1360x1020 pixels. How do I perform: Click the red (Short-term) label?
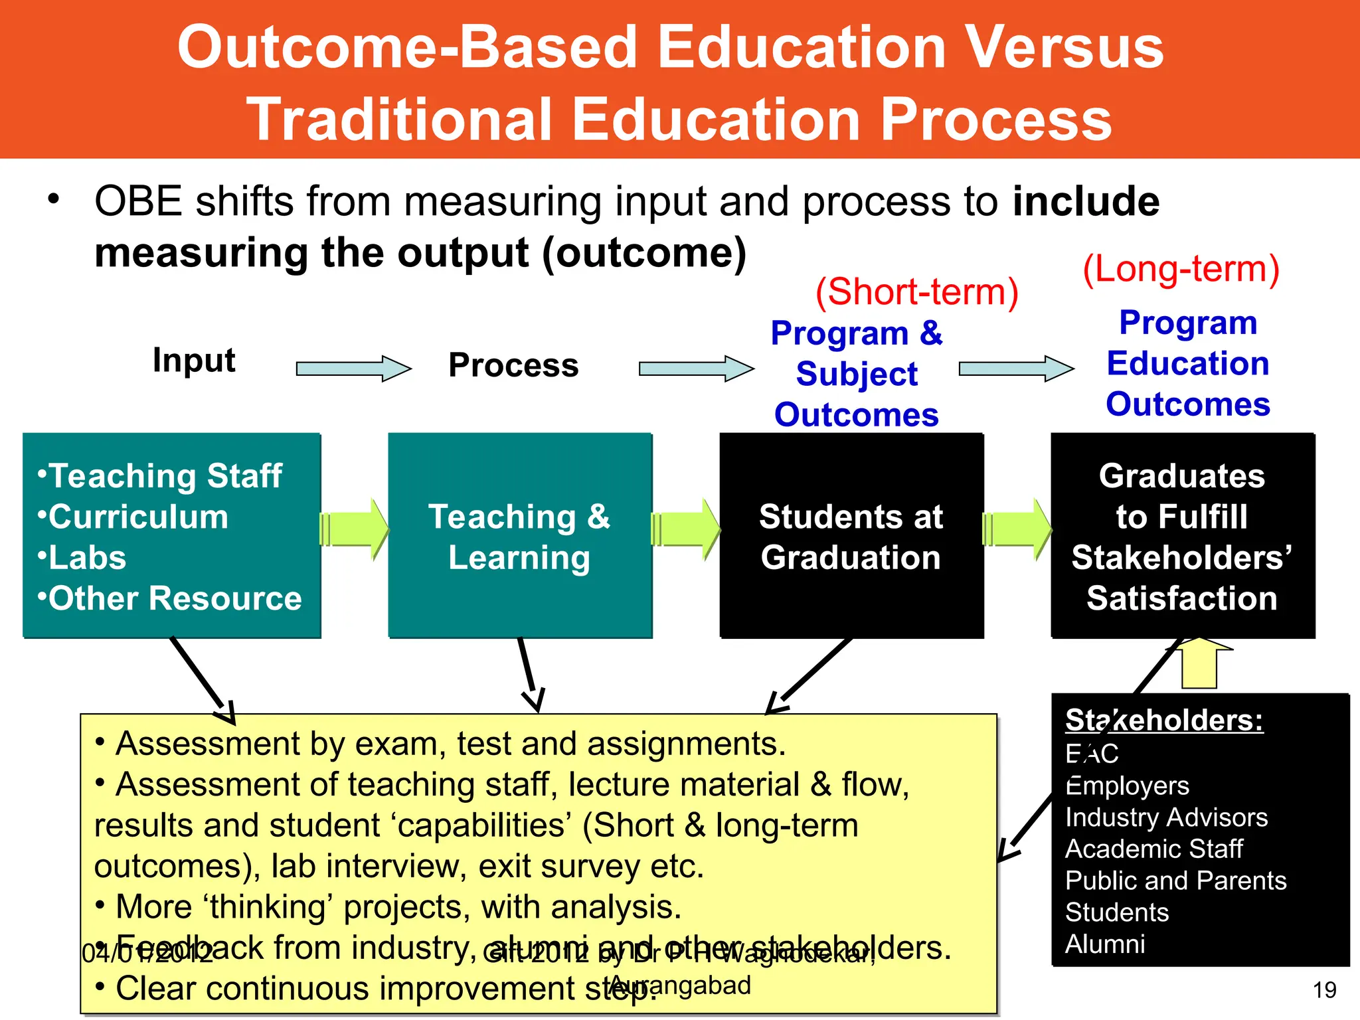[x=916, y=292]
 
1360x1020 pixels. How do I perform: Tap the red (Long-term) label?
[x=1181, y=269]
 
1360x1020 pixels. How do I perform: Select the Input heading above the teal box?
[x=194, y=361]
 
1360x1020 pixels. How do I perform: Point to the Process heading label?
[x=513, y=365]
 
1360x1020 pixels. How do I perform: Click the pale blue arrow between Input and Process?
[x=353, y=369]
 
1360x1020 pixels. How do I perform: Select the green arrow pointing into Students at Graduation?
[x=686, y=530]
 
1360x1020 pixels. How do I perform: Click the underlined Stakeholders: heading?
[x=1163, y=721]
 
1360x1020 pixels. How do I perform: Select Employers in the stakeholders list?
[x=1127, y=786]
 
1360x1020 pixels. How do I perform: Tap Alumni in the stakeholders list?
[x=1105, y=944]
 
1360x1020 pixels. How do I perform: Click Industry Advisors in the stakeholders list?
[x=1166, y=817]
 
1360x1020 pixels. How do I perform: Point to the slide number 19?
[x=1324, y=990]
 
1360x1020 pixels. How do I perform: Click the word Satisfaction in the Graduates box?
[x=1181, y=598]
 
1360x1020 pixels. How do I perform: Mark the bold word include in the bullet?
[x=1086, y=201]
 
